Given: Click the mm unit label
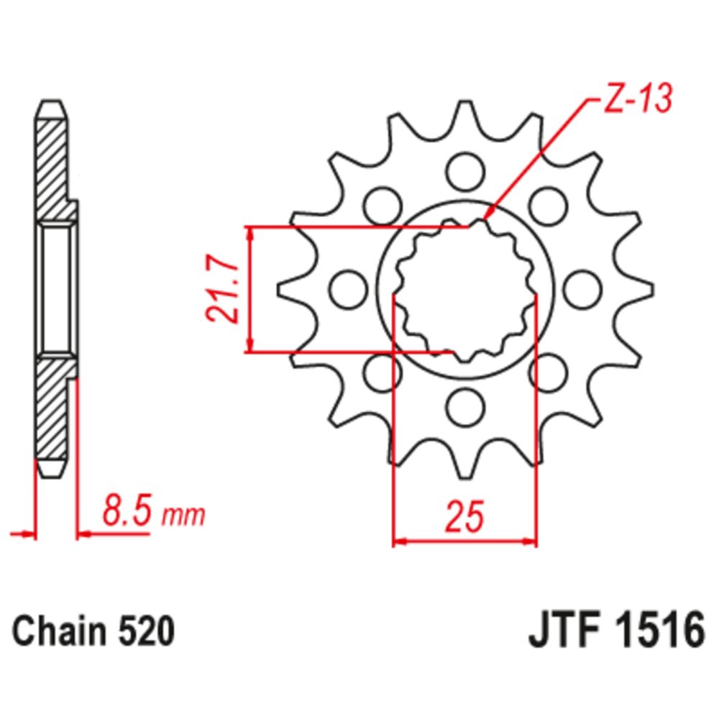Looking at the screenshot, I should pyautogui.click(x=183, y=516).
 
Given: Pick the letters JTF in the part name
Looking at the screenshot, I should pyautogui.click(x=562, y=633).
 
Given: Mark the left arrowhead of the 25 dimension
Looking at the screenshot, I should pyautogui.click(x=397, y=540).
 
